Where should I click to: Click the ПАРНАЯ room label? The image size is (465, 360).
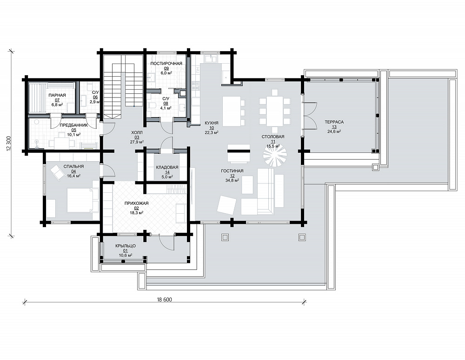(57, 95)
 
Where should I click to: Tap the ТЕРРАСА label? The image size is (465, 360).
(334, 122)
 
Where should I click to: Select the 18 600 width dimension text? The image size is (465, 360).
(164, 299)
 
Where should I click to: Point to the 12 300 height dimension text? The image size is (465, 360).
(8, 144)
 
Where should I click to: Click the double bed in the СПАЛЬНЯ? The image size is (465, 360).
(83, 200)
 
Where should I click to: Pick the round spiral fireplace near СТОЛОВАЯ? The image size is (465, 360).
(275, 155)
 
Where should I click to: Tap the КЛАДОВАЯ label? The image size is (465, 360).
(167, 167)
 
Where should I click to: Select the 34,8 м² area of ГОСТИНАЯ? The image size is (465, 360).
(232, 180)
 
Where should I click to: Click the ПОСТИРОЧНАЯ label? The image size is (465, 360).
(166, 64)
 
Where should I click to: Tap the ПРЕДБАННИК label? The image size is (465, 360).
(74, 125)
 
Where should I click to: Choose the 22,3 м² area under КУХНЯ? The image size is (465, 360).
(212, 132)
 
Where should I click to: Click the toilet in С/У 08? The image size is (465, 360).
(153, 106)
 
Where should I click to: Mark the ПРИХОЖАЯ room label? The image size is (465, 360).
(136, 203)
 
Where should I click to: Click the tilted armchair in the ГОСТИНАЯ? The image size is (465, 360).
(227, 205)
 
